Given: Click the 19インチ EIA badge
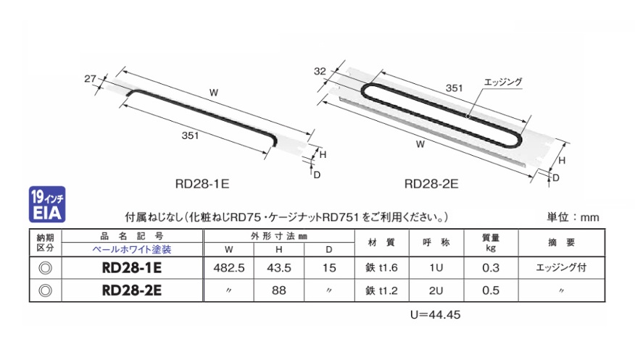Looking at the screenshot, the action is [47, 204].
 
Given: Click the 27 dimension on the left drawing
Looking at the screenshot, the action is [90, 78].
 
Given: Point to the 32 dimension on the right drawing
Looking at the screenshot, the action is [320, 71].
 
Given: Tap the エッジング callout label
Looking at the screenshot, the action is [503, 82].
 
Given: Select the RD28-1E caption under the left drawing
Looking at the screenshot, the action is [202, 184].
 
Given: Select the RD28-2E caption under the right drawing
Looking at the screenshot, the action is [431, 184].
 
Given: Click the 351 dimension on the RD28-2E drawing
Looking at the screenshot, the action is [454, 88].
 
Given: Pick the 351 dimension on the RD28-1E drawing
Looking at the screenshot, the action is [190, 135].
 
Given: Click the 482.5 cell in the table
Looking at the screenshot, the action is [229, 268].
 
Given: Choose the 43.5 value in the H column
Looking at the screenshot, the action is [279, 268].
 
